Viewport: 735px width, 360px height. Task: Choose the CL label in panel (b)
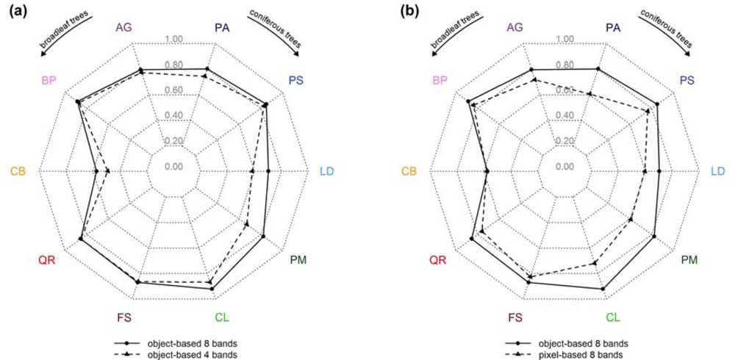tap(613, 318)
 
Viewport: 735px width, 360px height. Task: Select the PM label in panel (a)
tap(298, 260)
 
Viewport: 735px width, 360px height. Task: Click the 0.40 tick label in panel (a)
tap(174, 115)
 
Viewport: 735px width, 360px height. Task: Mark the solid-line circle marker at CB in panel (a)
tap(97, 171)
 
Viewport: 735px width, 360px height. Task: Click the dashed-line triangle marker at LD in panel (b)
tap(645, 171)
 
